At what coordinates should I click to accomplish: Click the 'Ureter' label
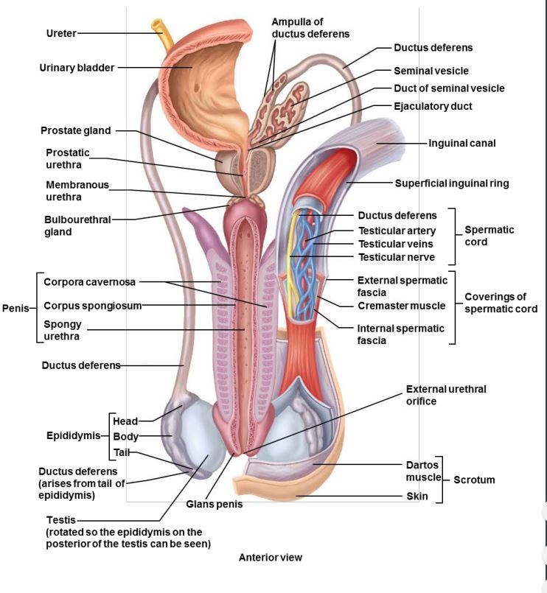pyautogui.click(x=60, y=33)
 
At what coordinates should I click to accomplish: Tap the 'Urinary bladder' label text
pyautogui.click(x=77, y=68)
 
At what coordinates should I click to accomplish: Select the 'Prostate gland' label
pyautogui.click(x=75, y=130)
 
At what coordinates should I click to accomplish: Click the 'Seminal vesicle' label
pyautogui.click(x=431, y=71)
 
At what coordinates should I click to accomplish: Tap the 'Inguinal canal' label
pyautogui.click(x=462, y=143)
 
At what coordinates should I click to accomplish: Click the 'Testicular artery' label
pyautogui.click(x=397, y=231)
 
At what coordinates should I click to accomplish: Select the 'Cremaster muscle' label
pyautogui.click(x=401, y=306)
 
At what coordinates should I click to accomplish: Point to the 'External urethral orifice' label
pyautogui.click(x=446, y=395)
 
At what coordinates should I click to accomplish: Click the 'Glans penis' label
pyautogui.click(x=214, y=505)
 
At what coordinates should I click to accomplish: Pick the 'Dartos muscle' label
pyautogui.click(x=422, y=471)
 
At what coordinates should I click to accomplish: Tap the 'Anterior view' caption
pyautogui.click(x=270, y=558)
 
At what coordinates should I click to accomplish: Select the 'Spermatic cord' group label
pyautogui.click(x=489, y=236)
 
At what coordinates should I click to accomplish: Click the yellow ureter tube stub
pyautogui.click(x=159, y=24)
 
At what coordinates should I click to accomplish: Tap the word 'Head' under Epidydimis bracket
pyautogui.click(x=125, y=421)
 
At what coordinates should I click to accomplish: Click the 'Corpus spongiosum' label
pyautogui.click(x=92, y=305)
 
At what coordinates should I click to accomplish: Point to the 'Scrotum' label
pyautogui.click(x=473, y=480)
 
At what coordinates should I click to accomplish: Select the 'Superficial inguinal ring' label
pyautogui.click(x=451, y=183)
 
